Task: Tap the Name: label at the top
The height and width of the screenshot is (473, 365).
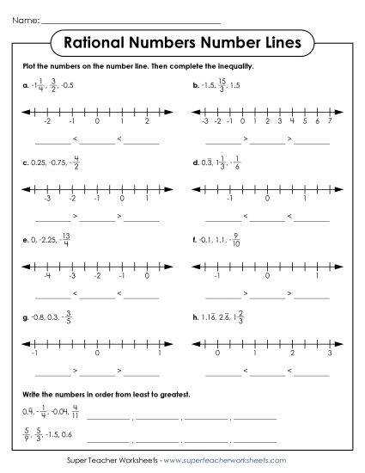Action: [26, 18]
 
